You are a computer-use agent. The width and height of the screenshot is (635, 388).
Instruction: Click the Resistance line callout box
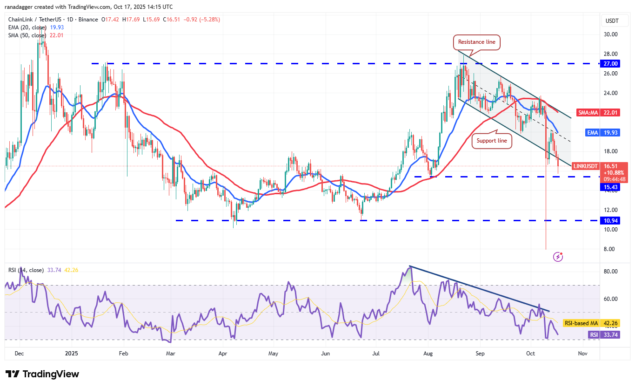tap(477, 42)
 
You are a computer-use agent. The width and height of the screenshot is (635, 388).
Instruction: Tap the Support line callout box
tap(492, 140)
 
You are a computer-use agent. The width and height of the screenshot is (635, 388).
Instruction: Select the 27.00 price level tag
tap(610, 63)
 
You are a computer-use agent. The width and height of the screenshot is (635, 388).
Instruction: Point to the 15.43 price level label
tap(610, 186)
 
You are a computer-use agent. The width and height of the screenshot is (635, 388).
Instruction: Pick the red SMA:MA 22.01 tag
tap(597, 112)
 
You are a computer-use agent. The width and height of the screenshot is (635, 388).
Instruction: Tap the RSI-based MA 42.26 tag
tap(591, 323)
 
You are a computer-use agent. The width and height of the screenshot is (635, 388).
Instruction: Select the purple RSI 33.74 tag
tap(603, 334)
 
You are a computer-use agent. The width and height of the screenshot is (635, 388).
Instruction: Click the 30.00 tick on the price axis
tap(611, 34)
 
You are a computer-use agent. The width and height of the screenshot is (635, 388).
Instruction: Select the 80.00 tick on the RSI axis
tap(611, 272)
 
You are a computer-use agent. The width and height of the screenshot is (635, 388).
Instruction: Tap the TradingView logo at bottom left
tap(42, 374)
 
